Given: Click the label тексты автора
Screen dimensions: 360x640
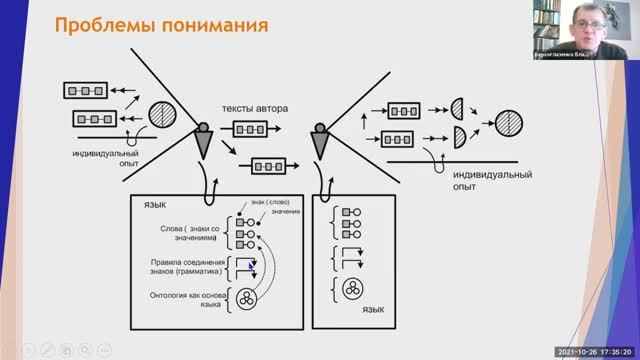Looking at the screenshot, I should click(x=254, y=107).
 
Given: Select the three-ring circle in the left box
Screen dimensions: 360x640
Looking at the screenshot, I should click(x=247, y=298).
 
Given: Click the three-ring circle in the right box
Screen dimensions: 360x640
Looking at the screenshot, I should click(x=351, y=289).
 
